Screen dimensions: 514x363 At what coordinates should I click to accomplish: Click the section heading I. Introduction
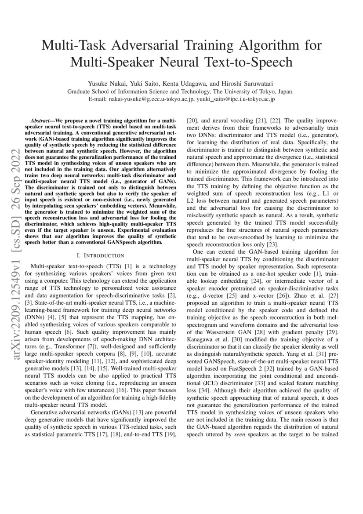(102, 255)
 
